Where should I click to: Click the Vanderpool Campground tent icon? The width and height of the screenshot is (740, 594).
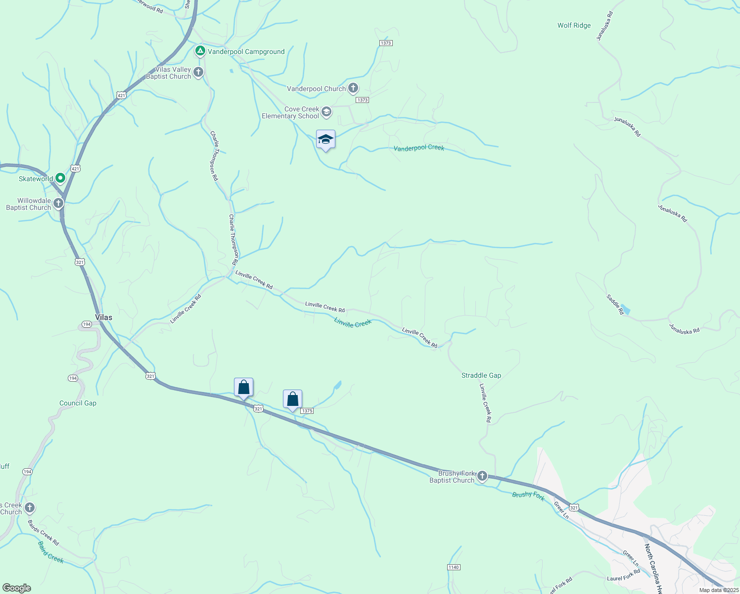(x=200, y=51)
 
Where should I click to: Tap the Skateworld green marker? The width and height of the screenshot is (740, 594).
(x=60, y=178)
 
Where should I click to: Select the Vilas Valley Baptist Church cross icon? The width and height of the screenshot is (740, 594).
(x=198, y=73)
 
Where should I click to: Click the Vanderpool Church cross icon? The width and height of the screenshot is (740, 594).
(x=353, y=89)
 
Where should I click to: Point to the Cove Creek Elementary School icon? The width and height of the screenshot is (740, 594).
(x=326, y=112)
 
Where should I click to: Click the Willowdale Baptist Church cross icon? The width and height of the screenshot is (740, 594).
(x=58, y=203)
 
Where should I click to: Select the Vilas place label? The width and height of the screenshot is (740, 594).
(x=103, y=317)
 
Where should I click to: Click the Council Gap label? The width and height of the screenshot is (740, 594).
(x=78, y=403)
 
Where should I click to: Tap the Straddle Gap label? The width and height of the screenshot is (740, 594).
(x=481, y=375)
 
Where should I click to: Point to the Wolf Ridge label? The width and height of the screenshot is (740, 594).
(x=574, y=25)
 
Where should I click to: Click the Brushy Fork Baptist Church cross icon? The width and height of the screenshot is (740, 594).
(x=482, y=476)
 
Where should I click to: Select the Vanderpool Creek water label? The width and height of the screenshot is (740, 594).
(x=418, y=148)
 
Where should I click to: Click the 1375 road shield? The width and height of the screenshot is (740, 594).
(x=307, y=411)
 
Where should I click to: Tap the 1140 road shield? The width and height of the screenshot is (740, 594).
(x=453, y=567)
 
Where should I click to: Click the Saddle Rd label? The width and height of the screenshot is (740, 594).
(x=615, y=304)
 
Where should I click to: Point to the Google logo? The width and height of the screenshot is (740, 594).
(x=16, y=588)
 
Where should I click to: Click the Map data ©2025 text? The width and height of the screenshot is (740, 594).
(x=719, y=590)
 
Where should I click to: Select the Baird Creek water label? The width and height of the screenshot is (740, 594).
(x=50, y=552)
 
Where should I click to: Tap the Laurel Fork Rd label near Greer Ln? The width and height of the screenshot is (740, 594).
(x=623, y=575)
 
